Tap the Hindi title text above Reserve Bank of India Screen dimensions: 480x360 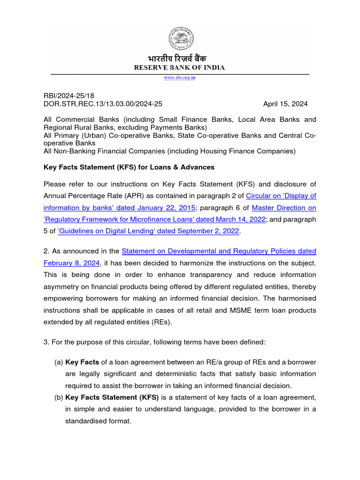point(180,59)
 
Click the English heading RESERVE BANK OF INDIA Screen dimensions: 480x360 point(180,67)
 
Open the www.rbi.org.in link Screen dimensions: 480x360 point(180,78)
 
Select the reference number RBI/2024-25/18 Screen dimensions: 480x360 point(69,96)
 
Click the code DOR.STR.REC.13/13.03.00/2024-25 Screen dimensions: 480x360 point(103,104)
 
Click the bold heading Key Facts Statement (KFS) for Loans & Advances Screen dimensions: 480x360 point(129,167)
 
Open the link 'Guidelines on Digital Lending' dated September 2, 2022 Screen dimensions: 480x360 point(148,231)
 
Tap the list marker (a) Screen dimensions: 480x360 point(59,362)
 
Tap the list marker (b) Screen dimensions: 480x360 point(59,397)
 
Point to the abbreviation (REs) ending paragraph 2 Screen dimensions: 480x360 point(162,322)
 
